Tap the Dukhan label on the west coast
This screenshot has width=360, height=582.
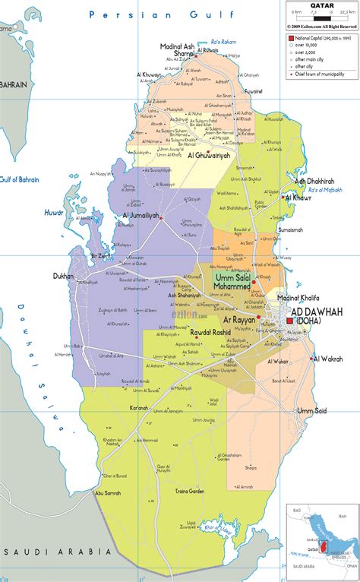pyautogui.click(x=63, y=277)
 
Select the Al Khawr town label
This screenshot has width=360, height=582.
pyautogui.click(x=303, y=198)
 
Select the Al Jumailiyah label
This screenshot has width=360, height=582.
pyautogui.click(x=141, y=215)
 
